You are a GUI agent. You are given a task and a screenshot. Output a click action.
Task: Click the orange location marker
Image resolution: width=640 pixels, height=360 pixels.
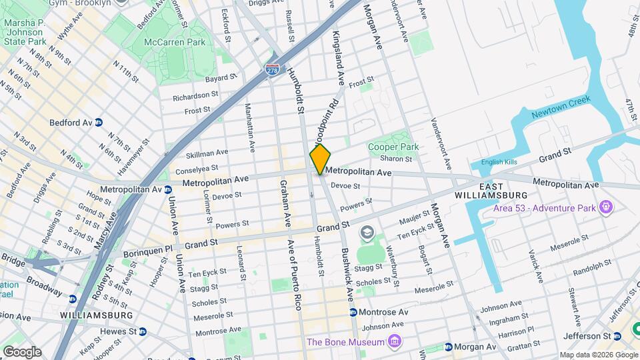click(320, 159)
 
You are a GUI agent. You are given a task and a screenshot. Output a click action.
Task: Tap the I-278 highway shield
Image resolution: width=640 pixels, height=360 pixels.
click(272, 70)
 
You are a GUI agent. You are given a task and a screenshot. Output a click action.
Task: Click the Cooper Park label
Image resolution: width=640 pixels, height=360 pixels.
click(393, 147)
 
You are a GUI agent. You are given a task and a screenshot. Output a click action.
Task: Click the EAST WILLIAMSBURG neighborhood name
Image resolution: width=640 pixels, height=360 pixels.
click(490, 190)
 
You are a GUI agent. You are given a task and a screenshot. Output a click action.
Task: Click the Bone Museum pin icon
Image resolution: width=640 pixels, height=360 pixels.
click(395, 343)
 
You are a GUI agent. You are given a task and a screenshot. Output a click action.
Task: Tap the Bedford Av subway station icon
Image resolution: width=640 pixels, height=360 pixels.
click(98, 123)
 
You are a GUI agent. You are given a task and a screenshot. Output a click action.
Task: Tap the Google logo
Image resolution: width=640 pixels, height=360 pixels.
click(21, 351)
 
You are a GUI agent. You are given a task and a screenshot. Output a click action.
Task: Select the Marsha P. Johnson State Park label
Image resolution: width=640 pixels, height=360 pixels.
click(25, 32)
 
